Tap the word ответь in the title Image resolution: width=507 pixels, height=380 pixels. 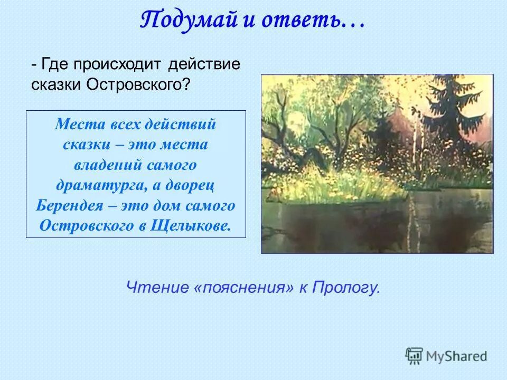click(296, 21)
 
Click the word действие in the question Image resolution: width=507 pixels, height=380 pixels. click(204, 65)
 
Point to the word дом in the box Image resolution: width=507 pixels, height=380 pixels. click(167, 205)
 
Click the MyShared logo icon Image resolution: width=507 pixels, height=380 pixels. click(415, 356)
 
